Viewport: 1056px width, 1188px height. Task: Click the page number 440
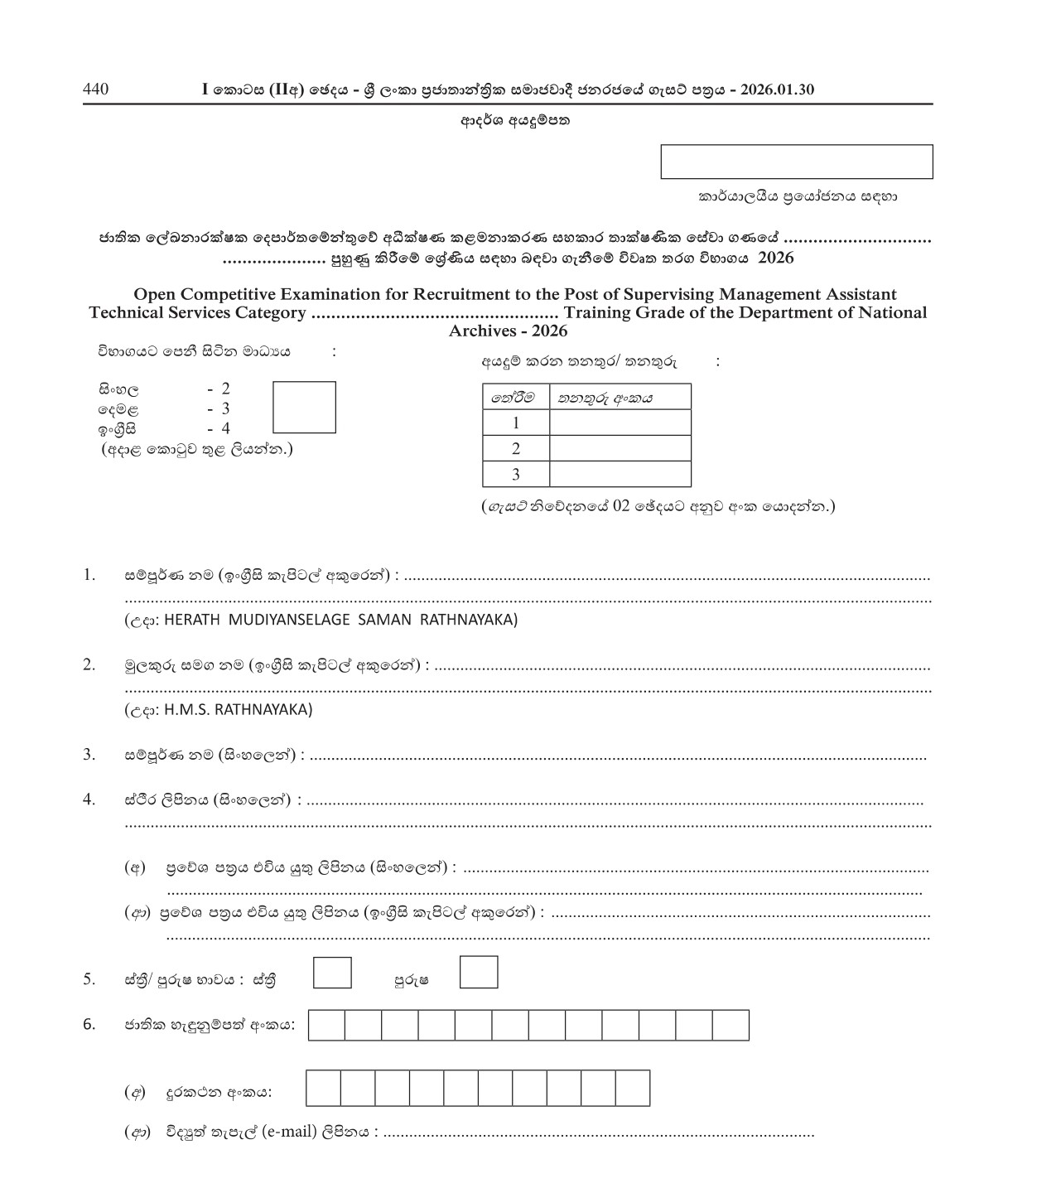95,89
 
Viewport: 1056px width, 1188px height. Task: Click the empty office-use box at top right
796,162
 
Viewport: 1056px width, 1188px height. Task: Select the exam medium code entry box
304,407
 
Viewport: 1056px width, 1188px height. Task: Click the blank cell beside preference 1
620,423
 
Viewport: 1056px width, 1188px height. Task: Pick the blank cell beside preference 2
620,448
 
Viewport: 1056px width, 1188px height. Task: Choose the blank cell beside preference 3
620,474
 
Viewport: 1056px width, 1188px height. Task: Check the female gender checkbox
332,973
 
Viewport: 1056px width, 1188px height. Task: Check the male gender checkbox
479,973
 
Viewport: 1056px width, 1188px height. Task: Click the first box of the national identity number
326,1026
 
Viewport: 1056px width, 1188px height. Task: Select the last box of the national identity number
731,1026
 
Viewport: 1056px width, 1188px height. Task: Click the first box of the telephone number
323,1089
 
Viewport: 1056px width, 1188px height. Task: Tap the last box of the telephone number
633,1089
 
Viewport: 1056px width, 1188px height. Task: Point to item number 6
89,1024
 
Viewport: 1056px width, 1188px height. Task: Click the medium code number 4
225,428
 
